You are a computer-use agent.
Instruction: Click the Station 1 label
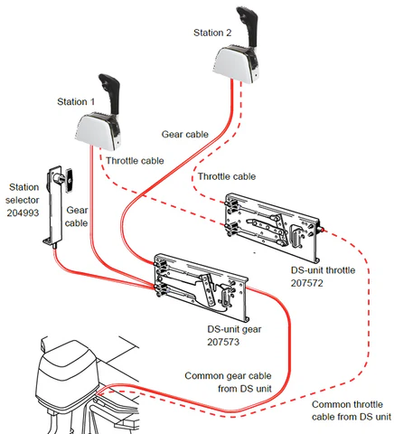[x=78, y=102]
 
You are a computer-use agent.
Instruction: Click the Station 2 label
[x=213, y=33]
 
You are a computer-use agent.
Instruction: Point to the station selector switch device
[x=58, y=203]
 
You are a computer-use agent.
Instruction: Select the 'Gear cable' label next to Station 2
[x=184, y=134]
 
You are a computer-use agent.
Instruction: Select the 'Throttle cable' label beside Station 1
[x=136, y=160]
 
